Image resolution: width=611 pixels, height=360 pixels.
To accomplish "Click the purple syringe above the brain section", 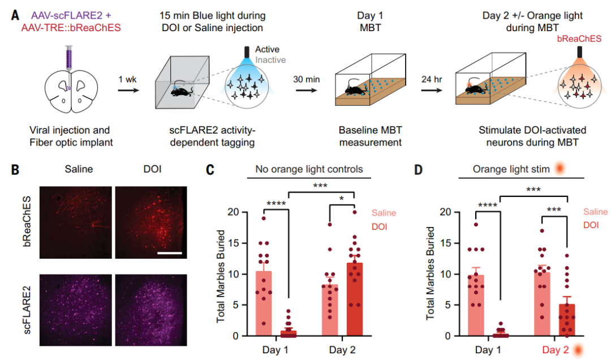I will click(x=68, y=65).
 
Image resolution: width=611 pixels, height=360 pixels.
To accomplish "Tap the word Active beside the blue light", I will click(x=267, y=50).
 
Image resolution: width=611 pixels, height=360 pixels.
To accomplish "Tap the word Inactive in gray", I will click(x=270, y=59).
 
